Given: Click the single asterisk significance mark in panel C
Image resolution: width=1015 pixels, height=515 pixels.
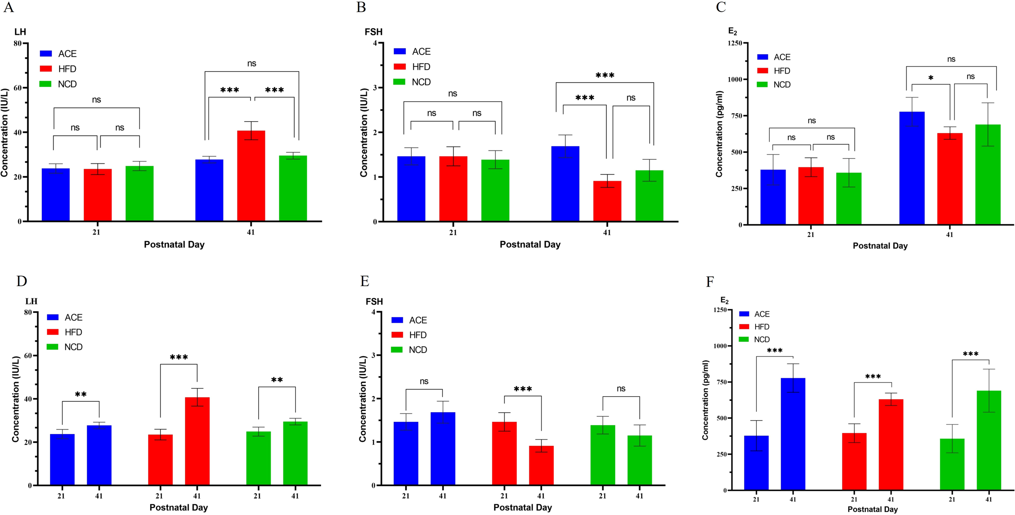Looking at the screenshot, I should [x=931, y=78].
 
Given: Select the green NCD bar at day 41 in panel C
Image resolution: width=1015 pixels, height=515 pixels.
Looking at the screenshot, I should [x=987, y=174].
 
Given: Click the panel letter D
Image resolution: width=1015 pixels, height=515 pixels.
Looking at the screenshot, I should [x=22, y=281].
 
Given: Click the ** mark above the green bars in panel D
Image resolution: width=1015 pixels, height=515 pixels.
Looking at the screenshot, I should [x=277, y=380].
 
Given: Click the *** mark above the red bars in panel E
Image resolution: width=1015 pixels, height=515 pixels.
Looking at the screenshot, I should [x=523, y=389].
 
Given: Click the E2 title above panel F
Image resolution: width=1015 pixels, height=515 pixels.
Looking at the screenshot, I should [x=724, y=300].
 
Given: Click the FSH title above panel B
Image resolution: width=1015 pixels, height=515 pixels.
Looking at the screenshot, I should [x=373, y=32].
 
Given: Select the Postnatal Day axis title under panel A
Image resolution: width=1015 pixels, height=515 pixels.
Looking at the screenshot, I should [x=174, y=245].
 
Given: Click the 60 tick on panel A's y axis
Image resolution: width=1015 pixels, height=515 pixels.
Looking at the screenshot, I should [x=17, y=88].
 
